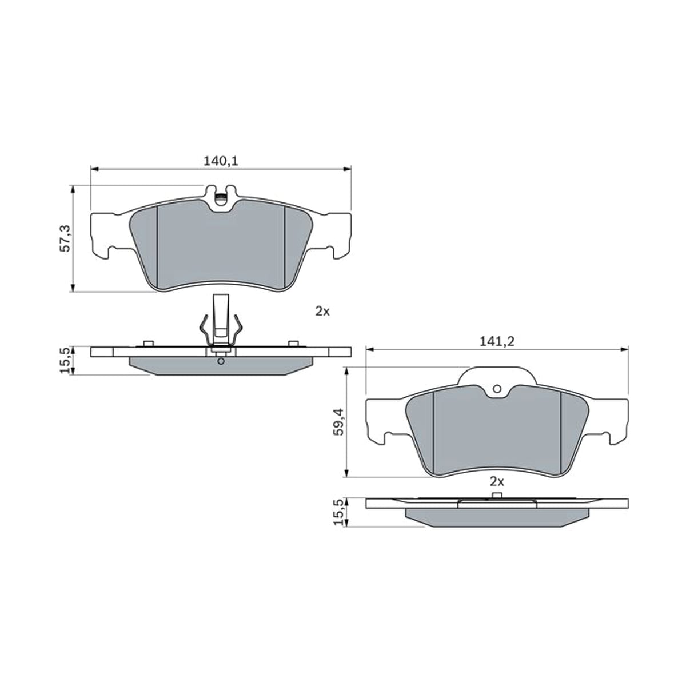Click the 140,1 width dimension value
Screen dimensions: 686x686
[220, 162]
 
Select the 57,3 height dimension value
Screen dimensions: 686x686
[66, 238]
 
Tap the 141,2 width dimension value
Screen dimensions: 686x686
[497, 342]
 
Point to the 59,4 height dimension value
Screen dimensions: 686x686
[340, 422]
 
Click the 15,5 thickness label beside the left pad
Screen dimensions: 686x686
[66, 361]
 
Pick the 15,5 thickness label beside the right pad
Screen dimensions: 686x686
[340, 512]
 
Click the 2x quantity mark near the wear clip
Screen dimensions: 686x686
[322, 312]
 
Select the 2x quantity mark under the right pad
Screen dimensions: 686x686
[497, 482]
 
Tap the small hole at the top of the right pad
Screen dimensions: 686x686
[497, 389]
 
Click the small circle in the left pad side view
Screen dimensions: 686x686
[221, 361]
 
